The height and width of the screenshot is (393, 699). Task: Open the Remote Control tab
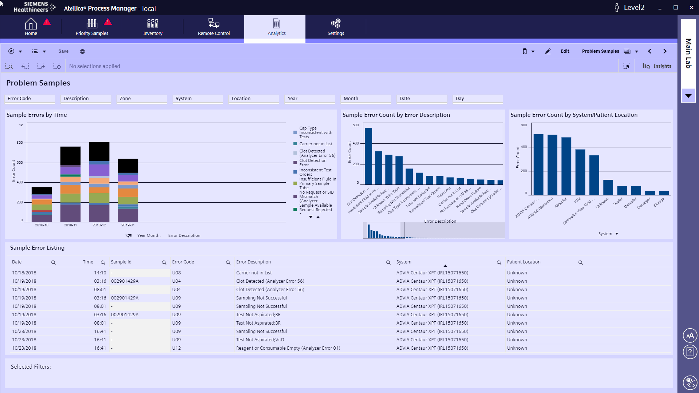coord(214,27)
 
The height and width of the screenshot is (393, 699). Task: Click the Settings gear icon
coord(335,24)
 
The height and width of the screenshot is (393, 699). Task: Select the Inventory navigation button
coord(153,27)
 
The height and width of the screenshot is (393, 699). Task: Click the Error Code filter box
coord(30,99)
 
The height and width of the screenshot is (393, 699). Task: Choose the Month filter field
coord(366,99)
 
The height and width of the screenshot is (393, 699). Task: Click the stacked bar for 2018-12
coord(99,182)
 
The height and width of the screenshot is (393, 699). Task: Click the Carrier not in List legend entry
coord(315,144)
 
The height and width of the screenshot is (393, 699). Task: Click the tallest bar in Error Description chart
coord(368,156)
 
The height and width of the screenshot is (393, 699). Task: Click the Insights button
coord(657,66)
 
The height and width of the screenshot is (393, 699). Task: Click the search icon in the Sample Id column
coord(164,262)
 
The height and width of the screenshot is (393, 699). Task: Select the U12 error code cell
coord(177,348)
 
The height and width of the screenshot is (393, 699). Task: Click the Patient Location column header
coord(524,262)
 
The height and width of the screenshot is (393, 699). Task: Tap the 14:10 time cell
coord(100,273)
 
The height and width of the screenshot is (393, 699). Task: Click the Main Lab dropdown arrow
coord(688,96)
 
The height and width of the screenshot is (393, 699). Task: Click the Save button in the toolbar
coord(63,51)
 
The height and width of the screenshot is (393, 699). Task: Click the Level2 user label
coord(634,8)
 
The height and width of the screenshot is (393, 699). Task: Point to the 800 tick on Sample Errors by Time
coord(20,143)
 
